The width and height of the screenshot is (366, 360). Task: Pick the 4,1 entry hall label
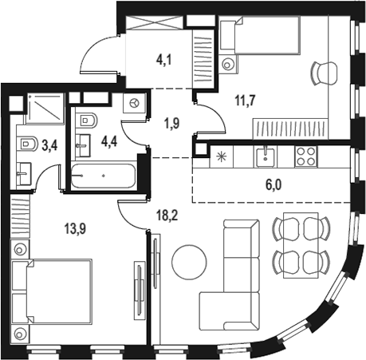[164, 57]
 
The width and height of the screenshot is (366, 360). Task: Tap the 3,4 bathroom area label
[49, 145]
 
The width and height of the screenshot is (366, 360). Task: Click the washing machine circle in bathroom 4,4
[134, 104]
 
